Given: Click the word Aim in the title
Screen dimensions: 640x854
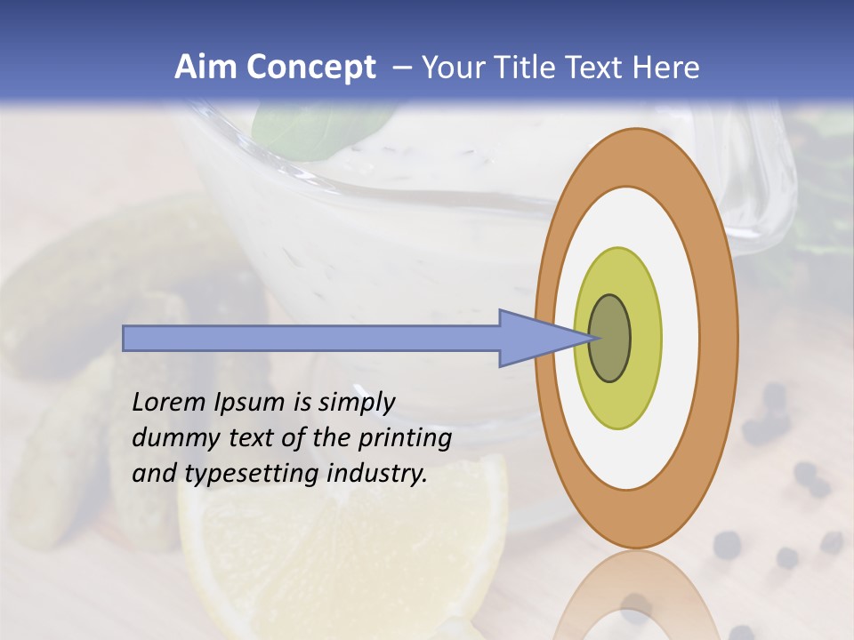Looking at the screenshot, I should pyautogui.click(x=205, y=67).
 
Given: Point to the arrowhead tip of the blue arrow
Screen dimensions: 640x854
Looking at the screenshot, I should pyautogui.click(x=593, y=338).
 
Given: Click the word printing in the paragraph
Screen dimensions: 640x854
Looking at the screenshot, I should pyautogui.click(x=405, y=438).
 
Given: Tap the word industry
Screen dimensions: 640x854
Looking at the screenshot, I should pyautogui.click(x=377, y=474).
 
